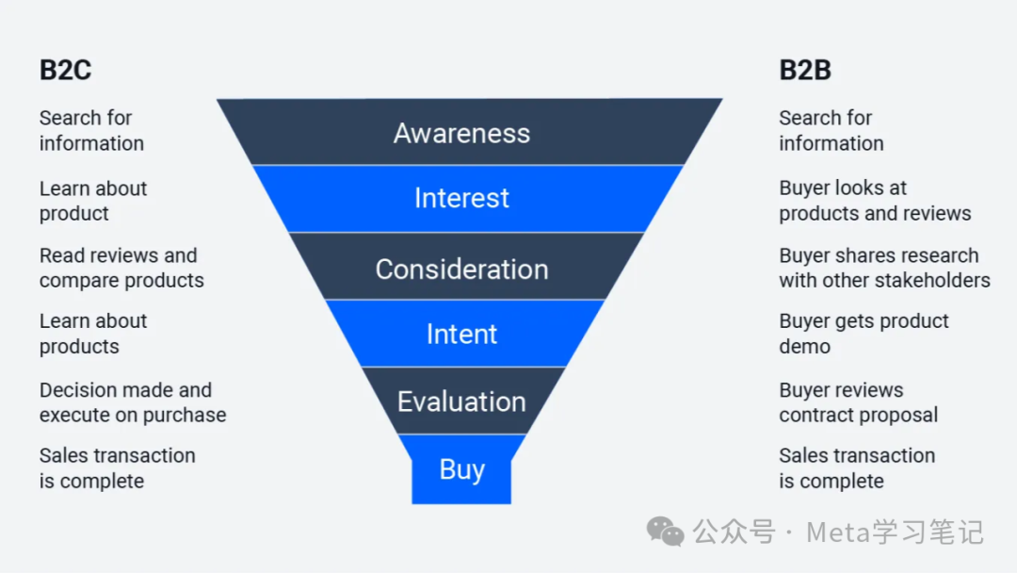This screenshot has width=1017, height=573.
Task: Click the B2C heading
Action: (x=65, y=71)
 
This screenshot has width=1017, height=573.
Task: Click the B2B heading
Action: (x=805, y=71)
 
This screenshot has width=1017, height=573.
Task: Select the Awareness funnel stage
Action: (x=461, y=133)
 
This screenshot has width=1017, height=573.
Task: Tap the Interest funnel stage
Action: (x=461, y=198)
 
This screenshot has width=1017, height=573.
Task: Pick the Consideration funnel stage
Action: (x=461, y=269)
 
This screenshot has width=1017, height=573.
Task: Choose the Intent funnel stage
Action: (x=461, y=334)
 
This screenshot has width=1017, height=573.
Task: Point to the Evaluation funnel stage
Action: (x=461, y=401)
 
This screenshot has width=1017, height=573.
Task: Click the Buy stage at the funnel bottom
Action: (x=461, y=469)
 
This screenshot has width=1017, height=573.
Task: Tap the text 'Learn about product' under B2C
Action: (x=92, y=201)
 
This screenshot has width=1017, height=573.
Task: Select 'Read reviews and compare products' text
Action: (x=121, y=268)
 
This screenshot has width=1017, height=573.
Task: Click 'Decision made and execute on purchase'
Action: (x=132, y=402)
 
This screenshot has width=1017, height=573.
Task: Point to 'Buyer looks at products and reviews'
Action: (x=874, y=201)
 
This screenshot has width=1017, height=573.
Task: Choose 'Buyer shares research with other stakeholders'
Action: (x=883, y=268)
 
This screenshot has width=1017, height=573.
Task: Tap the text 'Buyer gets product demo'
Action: (x=864, y=334)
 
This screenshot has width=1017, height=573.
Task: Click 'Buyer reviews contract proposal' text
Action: (x=858, y=402)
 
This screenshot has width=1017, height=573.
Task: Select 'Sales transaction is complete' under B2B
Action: (x=856, y=468)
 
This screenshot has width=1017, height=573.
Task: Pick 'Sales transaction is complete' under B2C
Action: (x=117, y=468)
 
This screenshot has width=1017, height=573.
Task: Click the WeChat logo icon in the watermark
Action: (x=666, y=532)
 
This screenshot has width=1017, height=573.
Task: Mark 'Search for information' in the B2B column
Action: (x=831, y=131)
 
